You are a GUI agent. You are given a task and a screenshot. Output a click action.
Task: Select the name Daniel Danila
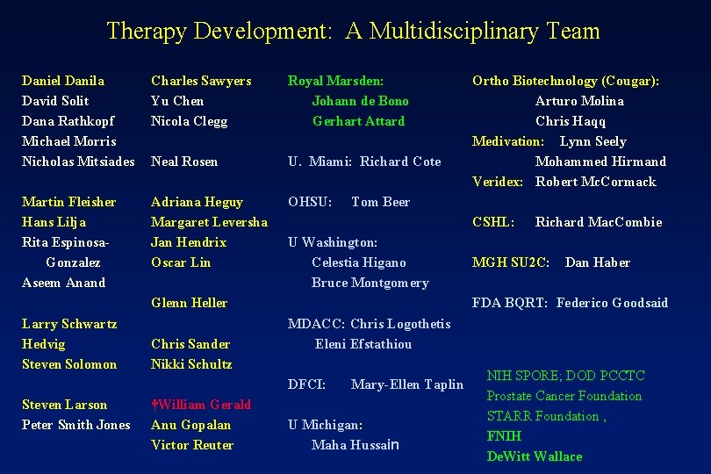coord(62,81)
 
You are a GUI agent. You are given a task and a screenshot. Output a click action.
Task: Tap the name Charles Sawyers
coord(201,81)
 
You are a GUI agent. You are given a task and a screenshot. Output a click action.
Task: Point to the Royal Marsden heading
coord(336,81)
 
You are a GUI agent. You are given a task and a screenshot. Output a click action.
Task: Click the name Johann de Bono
coord(360,101)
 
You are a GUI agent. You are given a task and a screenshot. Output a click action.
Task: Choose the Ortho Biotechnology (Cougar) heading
coord(565,81)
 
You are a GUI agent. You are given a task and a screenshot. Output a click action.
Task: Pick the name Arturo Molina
coord(579,101)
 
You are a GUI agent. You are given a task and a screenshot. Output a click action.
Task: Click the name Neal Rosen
coord(184,162)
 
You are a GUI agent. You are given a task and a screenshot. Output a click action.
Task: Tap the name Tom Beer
coord(380,202)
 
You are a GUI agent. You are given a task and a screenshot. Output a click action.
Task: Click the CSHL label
coord(493,222)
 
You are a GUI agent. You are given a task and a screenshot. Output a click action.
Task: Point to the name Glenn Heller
coord(189,303)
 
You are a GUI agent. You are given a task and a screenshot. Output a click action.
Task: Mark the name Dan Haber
coord(597,262)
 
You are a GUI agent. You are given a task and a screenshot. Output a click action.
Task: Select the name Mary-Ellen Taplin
coord(406,384)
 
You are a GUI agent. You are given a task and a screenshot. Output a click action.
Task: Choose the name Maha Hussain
coord(355,445)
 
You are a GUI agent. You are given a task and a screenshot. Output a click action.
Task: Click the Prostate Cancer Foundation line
coord(564,396)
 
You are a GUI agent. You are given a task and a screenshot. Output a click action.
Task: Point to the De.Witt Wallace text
coord(535,456)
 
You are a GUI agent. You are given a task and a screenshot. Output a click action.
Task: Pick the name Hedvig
coord(43,344)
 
